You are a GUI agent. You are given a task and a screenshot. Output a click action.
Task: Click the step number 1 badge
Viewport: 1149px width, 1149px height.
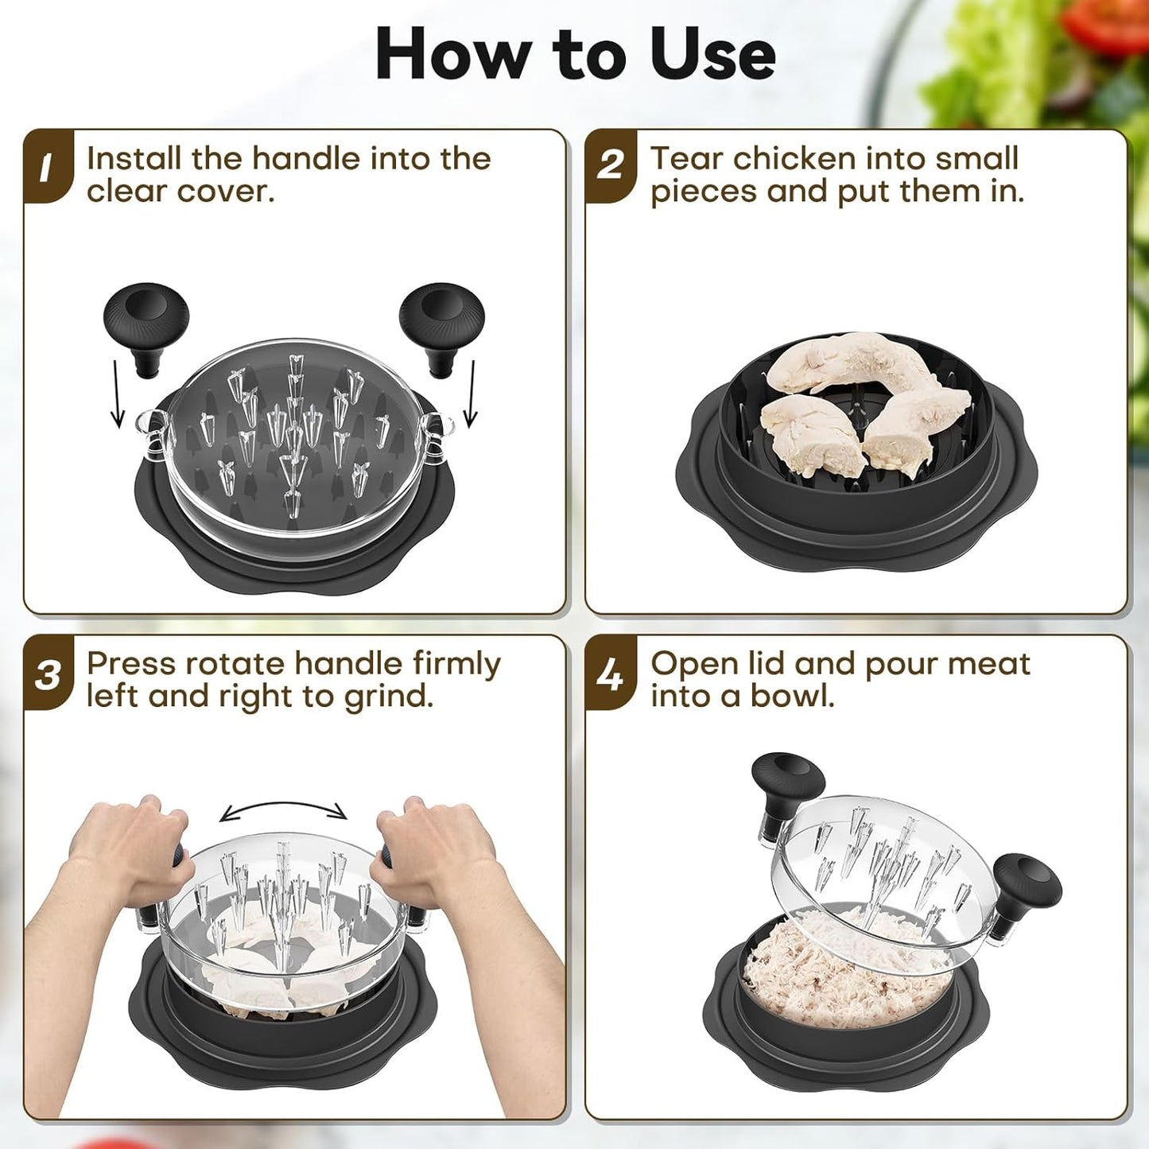coord(46,166)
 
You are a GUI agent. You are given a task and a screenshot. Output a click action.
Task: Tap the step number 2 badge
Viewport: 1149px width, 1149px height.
coord(610,166)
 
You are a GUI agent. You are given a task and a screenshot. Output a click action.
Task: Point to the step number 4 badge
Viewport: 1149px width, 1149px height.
coord(610,675)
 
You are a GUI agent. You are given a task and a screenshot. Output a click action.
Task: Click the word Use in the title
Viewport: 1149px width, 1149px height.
coord(712,54)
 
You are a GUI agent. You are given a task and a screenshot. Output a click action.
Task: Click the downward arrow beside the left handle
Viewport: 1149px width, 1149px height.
coord(118,394)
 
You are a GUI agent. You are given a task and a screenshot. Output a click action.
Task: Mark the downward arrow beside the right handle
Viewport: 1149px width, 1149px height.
coord(471,394)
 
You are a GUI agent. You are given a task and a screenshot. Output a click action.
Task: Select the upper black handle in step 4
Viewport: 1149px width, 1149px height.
coord(787,783)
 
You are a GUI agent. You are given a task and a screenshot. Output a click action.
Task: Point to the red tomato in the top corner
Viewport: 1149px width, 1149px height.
coord(1113,24)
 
